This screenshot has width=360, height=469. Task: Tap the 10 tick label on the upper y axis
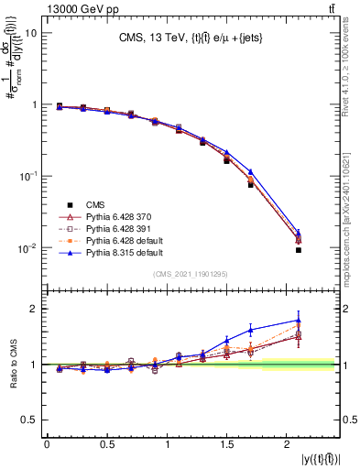pos(30,33)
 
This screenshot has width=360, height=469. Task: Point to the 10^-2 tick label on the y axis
pos(27,248)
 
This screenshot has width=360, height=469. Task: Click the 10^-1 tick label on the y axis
pos(27,176)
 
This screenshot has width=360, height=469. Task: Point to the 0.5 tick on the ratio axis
pos(28,420)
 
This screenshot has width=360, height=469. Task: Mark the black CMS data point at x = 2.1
pos(299,250)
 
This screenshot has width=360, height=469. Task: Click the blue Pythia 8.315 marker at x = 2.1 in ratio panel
pos(299,321)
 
